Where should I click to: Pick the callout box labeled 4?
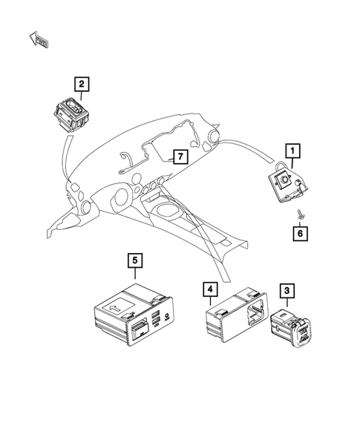tap(212, 290)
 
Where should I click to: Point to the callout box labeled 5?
tap(134, 260)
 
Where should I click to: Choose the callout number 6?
tap(298, 234)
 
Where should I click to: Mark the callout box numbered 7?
tap(177, 157)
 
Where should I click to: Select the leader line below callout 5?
tap(134, 275)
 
